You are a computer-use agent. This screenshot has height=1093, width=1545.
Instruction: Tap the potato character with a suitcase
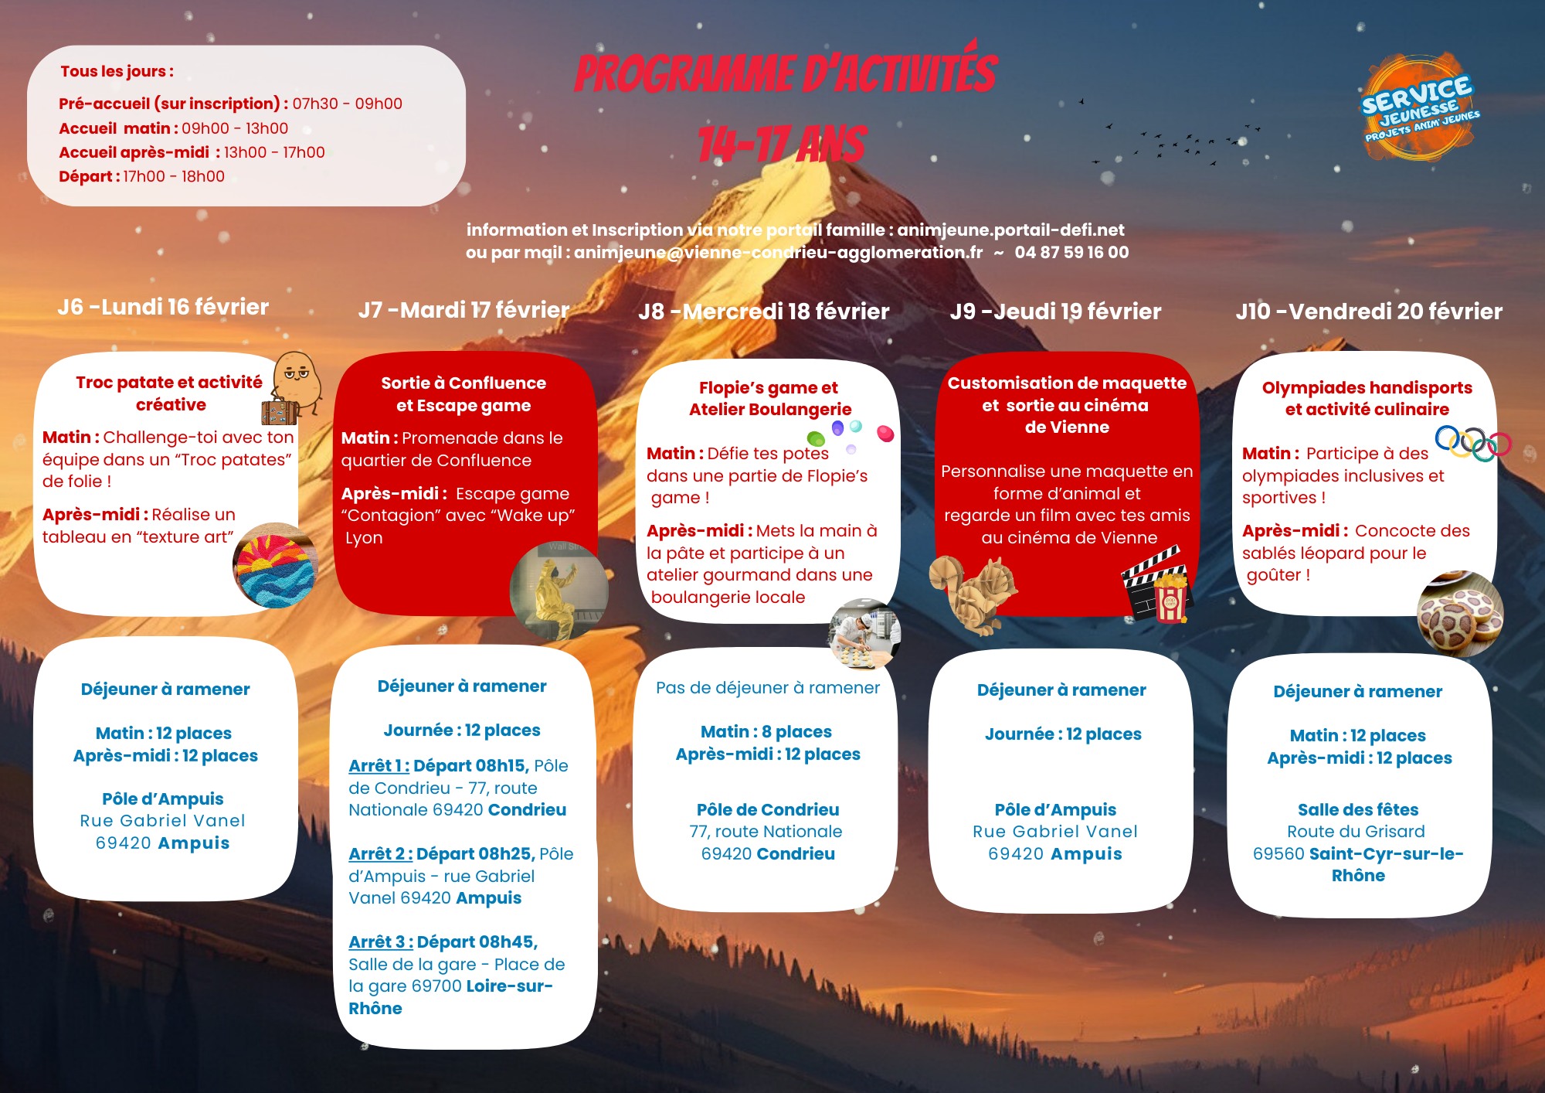pyautogui.click(x=291, y=388)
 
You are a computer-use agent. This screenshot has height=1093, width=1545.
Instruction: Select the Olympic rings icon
pyautogui.click(x=1472, y=443)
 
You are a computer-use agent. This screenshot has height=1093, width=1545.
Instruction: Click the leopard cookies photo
pyautogui.click(x=1459, y=615)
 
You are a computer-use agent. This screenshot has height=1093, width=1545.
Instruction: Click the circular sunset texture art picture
pyautogui.click(x=275, y=566)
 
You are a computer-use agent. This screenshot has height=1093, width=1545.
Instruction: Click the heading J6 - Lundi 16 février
pyautogui.click(x=163, y=307)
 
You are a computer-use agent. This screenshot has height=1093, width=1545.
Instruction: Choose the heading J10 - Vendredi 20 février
pyautogui.click(x=1369, y=312)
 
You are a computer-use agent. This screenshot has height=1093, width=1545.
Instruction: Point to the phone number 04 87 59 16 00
pyautogui.click(x=1071, y=253)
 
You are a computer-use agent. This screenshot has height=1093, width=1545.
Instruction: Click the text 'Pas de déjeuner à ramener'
pyautogui.click(x=767, y=688)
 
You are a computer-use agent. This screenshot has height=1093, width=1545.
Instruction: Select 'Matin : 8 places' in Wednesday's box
pyautogui.click(x=766, y=732)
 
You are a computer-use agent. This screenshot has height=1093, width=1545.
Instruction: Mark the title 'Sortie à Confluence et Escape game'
pyautogui.click(x=463, y=394)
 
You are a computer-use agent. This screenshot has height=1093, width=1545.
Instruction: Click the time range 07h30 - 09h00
pyautogui.click(x=347, y=104)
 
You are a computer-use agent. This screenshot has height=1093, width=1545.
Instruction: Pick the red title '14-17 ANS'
pyautogui.click(x=782, y=145)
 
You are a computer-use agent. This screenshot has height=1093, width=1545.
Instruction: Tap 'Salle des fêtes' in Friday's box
pyautogui.click(x=1357, y=810)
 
